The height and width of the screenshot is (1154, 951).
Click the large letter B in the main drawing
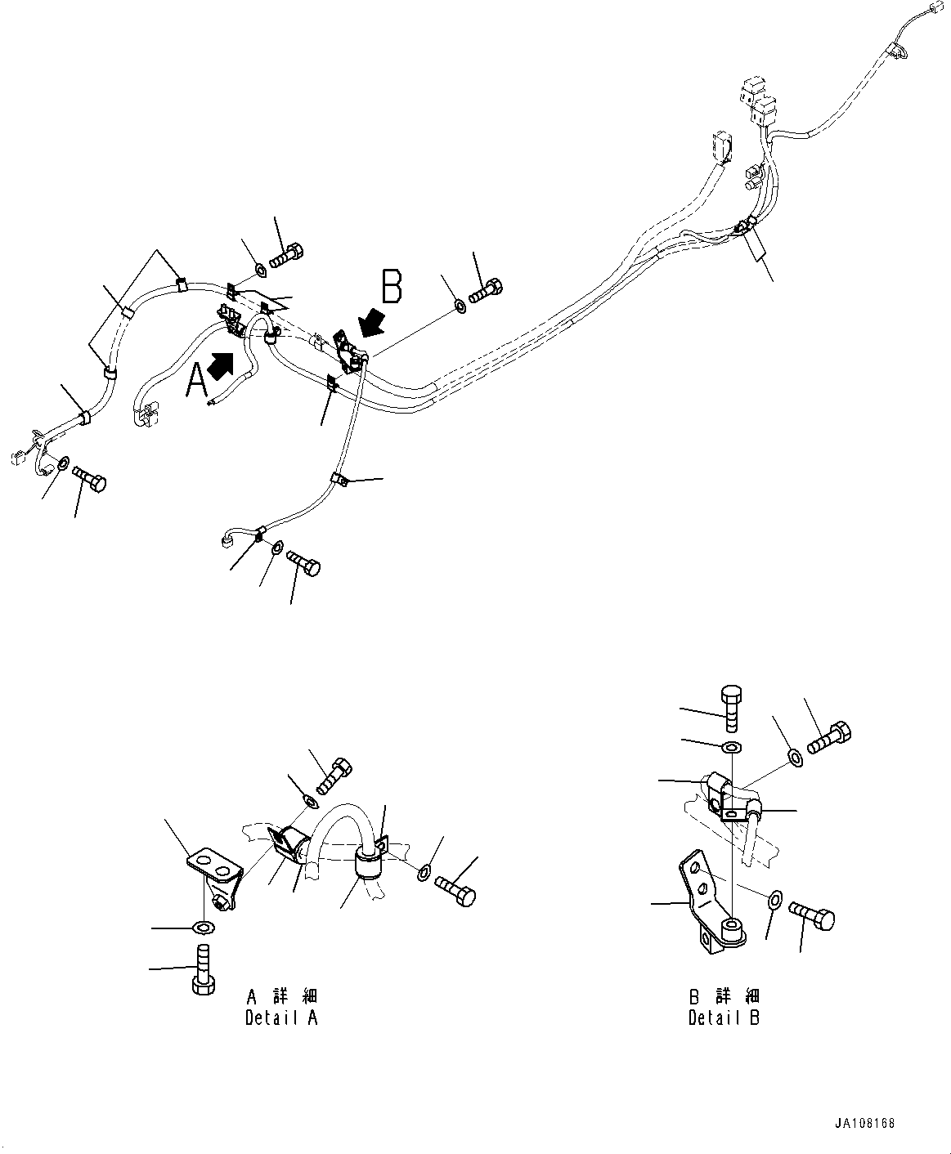pos(392,287)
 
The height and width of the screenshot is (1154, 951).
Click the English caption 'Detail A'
pos(281,1018)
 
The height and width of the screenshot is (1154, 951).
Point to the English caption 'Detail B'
pos(724,1018)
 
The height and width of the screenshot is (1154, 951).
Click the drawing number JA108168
pos(866,1123)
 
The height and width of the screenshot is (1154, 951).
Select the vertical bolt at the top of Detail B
pos(731,707)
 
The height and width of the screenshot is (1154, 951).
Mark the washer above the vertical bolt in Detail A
pos(203,927)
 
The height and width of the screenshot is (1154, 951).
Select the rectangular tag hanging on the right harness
pos(756,244)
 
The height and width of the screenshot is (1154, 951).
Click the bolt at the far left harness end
pos(89,477)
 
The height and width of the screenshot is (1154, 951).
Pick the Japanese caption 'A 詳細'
pos(281,996)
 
